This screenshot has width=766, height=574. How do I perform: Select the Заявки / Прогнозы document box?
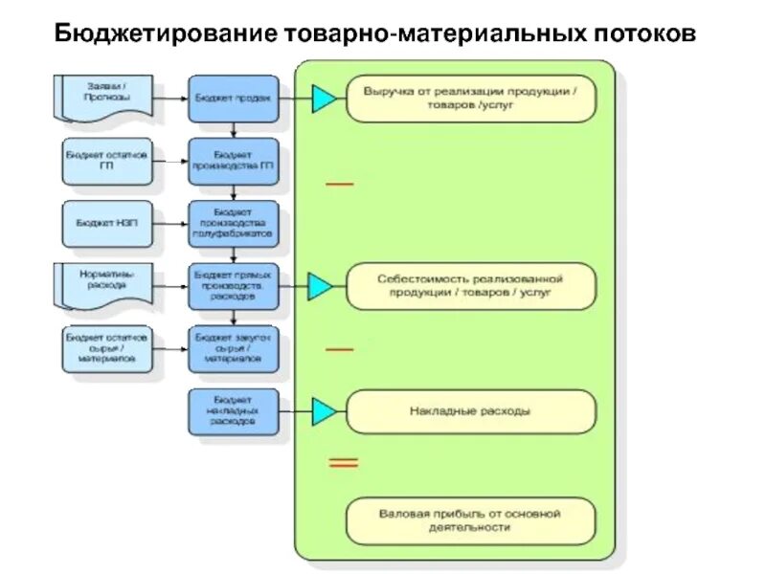(x=107, y=92)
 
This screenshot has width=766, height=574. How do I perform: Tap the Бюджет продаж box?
(x=234, y=98)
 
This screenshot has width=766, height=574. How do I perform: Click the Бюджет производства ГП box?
(x=234, y=160)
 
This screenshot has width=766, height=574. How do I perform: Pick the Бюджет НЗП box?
(x=106, y=222)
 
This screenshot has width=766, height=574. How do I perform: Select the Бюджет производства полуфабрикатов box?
(x=234, y=222)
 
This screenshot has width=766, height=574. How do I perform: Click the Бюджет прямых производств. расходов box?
(x=234, y=284)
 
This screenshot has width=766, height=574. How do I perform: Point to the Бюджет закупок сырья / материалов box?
(x=234, y=348)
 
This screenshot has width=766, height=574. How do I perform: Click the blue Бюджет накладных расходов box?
(x=234, y=409)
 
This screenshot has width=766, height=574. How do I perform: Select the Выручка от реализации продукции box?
(x=470, y=99)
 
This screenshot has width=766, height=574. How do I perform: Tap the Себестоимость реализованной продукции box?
(x=470, y=286)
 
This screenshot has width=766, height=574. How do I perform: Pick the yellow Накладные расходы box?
(x=470, y=411)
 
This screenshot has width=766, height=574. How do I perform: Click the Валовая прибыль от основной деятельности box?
(x=470, y=520)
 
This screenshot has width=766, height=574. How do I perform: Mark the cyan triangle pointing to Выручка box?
(x=324, y=98)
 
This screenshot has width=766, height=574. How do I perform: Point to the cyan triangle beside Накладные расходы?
(x=324, y=411)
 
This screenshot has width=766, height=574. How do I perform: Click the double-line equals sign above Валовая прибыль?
(x=343, y=463)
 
